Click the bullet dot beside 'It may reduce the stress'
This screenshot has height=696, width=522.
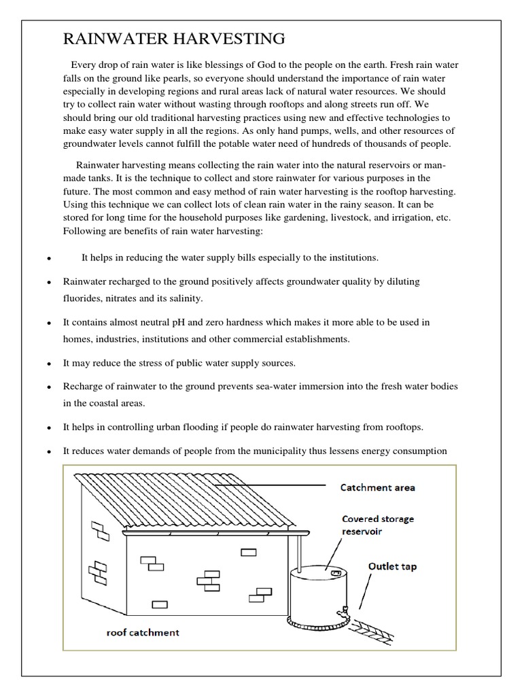(50, 364)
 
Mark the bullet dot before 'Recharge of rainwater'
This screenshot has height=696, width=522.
(50, 387)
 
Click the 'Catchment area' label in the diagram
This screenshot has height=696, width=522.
(377, 487)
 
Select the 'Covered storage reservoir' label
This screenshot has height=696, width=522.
(377, 525)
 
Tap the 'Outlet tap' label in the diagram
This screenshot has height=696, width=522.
(392, 565)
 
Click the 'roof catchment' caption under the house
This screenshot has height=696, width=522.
(143, 632)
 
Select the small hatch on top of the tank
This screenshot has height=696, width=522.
(334, 574)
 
